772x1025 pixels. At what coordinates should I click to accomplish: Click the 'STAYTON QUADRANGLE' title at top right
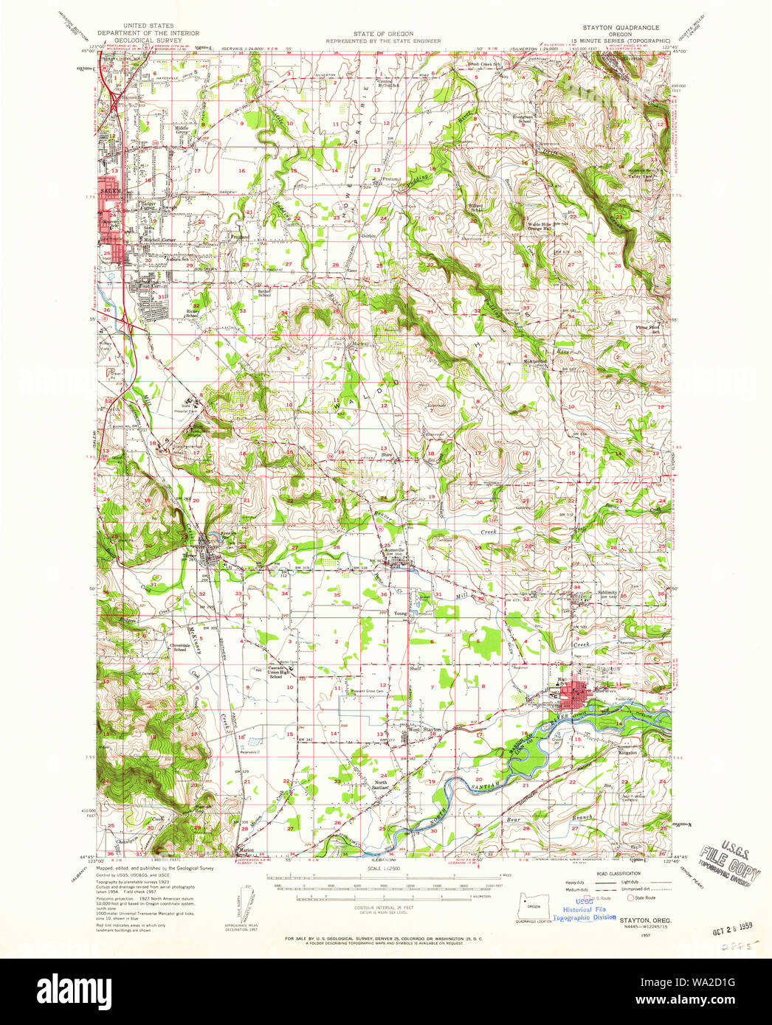621,27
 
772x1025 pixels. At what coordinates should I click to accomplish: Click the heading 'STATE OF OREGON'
383,34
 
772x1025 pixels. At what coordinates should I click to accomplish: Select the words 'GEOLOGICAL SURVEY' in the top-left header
148,41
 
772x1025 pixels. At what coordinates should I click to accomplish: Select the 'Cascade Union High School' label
278,672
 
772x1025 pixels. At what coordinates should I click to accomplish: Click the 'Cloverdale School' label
179,647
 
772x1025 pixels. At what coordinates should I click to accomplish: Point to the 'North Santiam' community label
381,785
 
